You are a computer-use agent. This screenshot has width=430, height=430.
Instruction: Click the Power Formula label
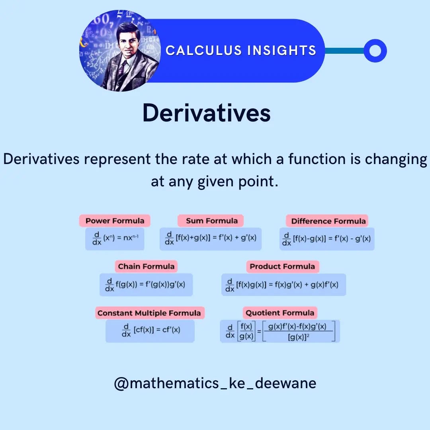pyautogui.click(x=115, y=221)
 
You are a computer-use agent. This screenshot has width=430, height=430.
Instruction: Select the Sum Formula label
pyautogui.click(x=211, y=221)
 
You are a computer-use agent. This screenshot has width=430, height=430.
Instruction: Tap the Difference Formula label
pyautogui.click(x=327, y=221)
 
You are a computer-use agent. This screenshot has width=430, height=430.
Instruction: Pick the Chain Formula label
pyautogui.click(x=146, y=266)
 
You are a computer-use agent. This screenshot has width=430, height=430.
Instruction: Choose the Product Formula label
pyautogui.click(x=282, y=266)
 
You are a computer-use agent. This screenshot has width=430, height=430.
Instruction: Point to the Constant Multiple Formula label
pyautogui.click(x=150, y=313)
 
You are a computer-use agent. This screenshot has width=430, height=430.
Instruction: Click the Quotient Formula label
pyautogui.click(x=280, y=313)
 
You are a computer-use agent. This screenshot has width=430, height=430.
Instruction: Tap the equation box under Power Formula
pyautogui.click(x=115, y=239)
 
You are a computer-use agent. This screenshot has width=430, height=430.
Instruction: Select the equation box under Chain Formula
pyautogui.click(x=146, y=285)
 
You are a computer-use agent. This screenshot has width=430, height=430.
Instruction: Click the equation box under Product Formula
pyautogui.click(x=283, y=285)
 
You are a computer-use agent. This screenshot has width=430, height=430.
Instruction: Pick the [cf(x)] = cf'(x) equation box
pyautogui.click(x=150, y=331)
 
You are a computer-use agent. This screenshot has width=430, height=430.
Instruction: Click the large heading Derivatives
pyautogui.click(x=207, y=113)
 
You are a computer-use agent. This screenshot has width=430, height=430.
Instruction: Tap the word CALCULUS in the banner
pyautogui.click(x=203, y=51)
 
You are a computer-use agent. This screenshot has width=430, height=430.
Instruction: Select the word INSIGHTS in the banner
pyautogui.click(x=281, y=51)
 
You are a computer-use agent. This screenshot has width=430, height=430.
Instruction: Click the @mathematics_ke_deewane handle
pyautogui.click(x=215, y=383)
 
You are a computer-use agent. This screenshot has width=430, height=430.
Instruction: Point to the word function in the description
pyautogui.click(x=317, y=159)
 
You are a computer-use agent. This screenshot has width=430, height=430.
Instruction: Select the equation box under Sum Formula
pyautogui.click(x=211, y=239)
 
